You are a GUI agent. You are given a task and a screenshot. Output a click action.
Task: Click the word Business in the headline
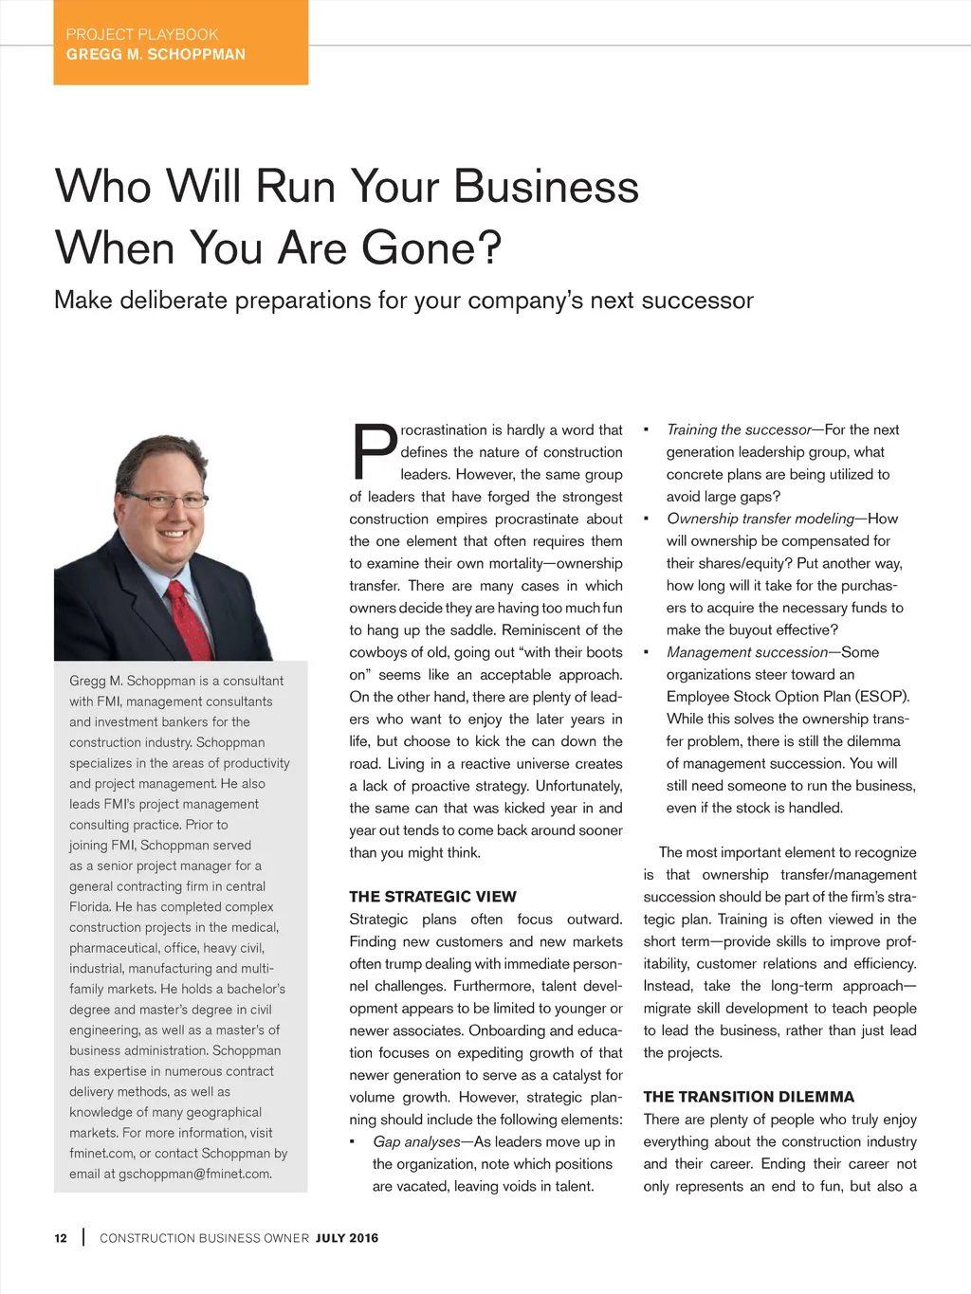[546, 187]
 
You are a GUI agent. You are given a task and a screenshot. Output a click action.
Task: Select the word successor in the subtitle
[698, 301]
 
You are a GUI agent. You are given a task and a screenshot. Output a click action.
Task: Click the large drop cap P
[374, 452]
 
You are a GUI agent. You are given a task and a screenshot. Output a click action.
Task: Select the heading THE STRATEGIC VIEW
[432, 897]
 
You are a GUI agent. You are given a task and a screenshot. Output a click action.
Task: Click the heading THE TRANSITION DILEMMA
[748, 1097]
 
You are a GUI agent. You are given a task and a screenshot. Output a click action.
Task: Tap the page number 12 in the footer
[61, 1238]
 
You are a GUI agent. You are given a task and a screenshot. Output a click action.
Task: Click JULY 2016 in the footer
[347, 1238]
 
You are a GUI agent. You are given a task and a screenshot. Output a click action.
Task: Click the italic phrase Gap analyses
[416, 1142]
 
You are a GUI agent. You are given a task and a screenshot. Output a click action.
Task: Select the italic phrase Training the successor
[739, 430]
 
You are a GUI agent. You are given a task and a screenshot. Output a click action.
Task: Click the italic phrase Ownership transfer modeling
[760, 519]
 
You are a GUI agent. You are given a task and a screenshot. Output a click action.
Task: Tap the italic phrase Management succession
[747, 652]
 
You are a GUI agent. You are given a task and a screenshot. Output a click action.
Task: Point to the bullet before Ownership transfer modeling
[646, 519]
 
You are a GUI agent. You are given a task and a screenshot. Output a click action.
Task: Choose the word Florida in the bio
[89, 907]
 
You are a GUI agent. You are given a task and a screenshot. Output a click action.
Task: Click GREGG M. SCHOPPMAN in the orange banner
[156, 55]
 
